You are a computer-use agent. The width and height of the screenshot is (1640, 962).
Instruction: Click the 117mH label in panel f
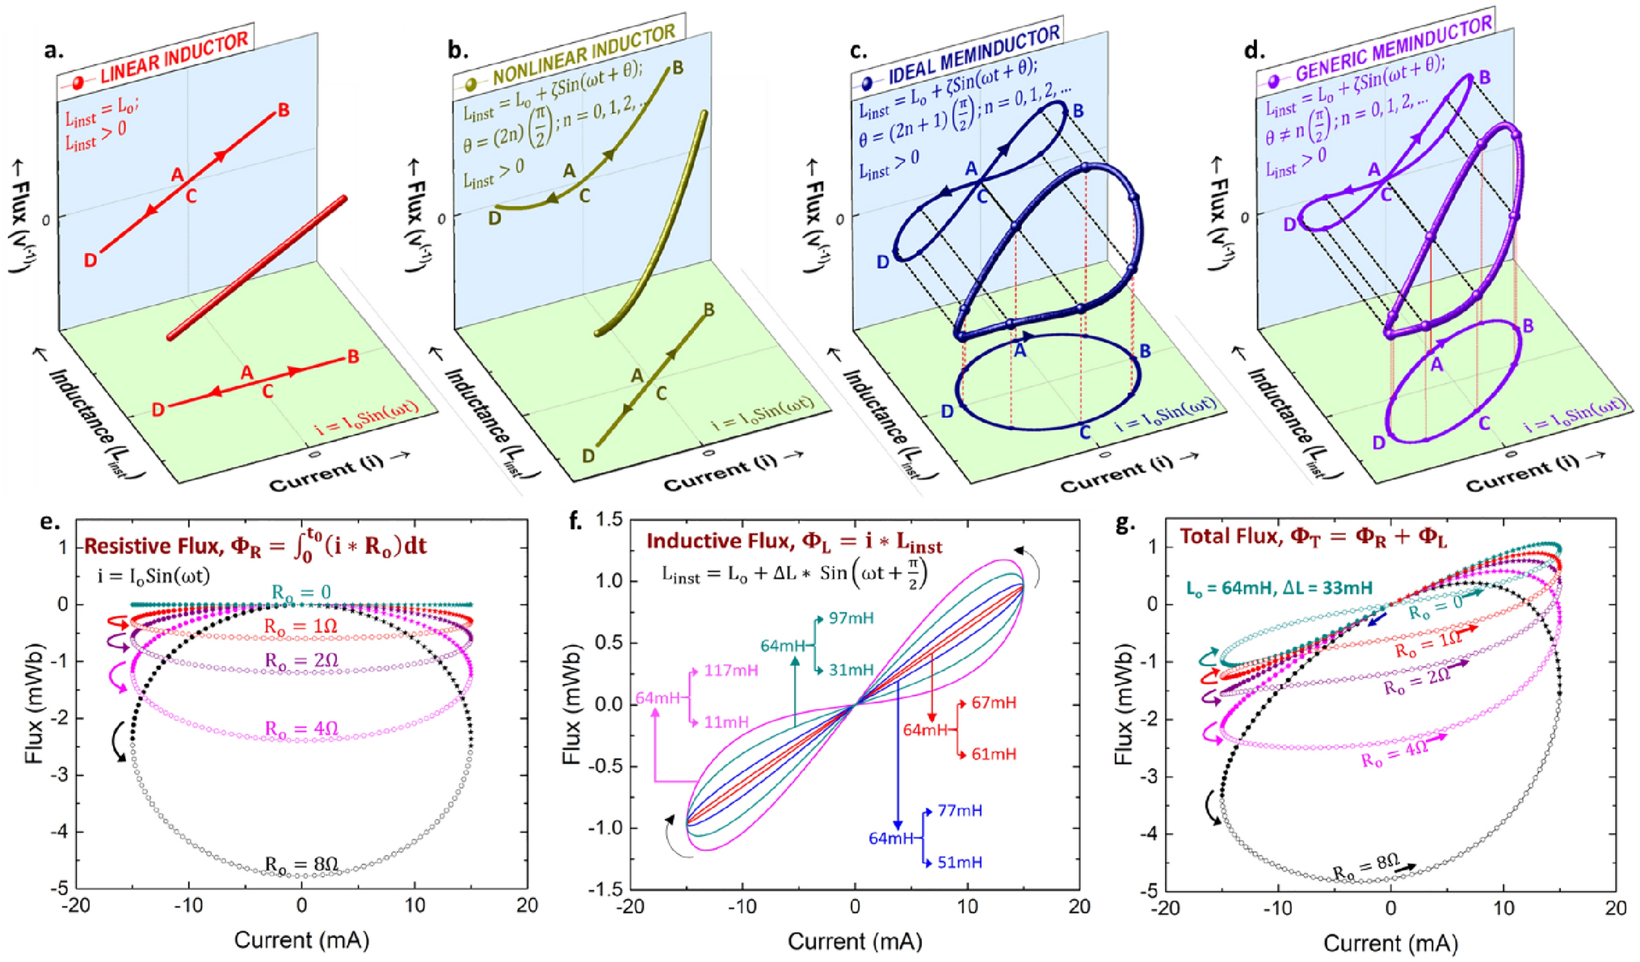[731, 670]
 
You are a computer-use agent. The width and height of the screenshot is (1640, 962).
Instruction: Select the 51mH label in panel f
[960, 863]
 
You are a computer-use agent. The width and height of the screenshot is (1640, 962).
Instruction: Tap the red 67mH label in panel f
[994, 703]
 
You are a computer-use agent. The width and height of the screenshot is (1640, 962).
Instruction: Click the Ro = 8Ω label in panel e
[301, 864]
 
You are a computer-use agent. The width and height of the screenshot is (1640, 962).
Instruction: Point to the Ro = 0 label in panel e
[301, 593]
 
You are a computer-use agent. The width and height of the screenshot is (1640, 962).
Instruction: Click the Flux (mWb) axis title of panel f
[571, 705]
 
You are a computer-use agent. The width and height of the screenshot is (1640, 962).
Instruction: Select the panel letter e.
[49, 523]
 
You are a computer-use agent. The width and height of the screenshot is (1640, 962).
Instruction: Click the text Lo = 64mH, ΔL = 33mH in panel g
[1279, 588]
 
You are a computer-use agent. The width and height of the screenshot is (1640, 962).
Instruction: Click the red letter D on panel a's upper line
[90, 259]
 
